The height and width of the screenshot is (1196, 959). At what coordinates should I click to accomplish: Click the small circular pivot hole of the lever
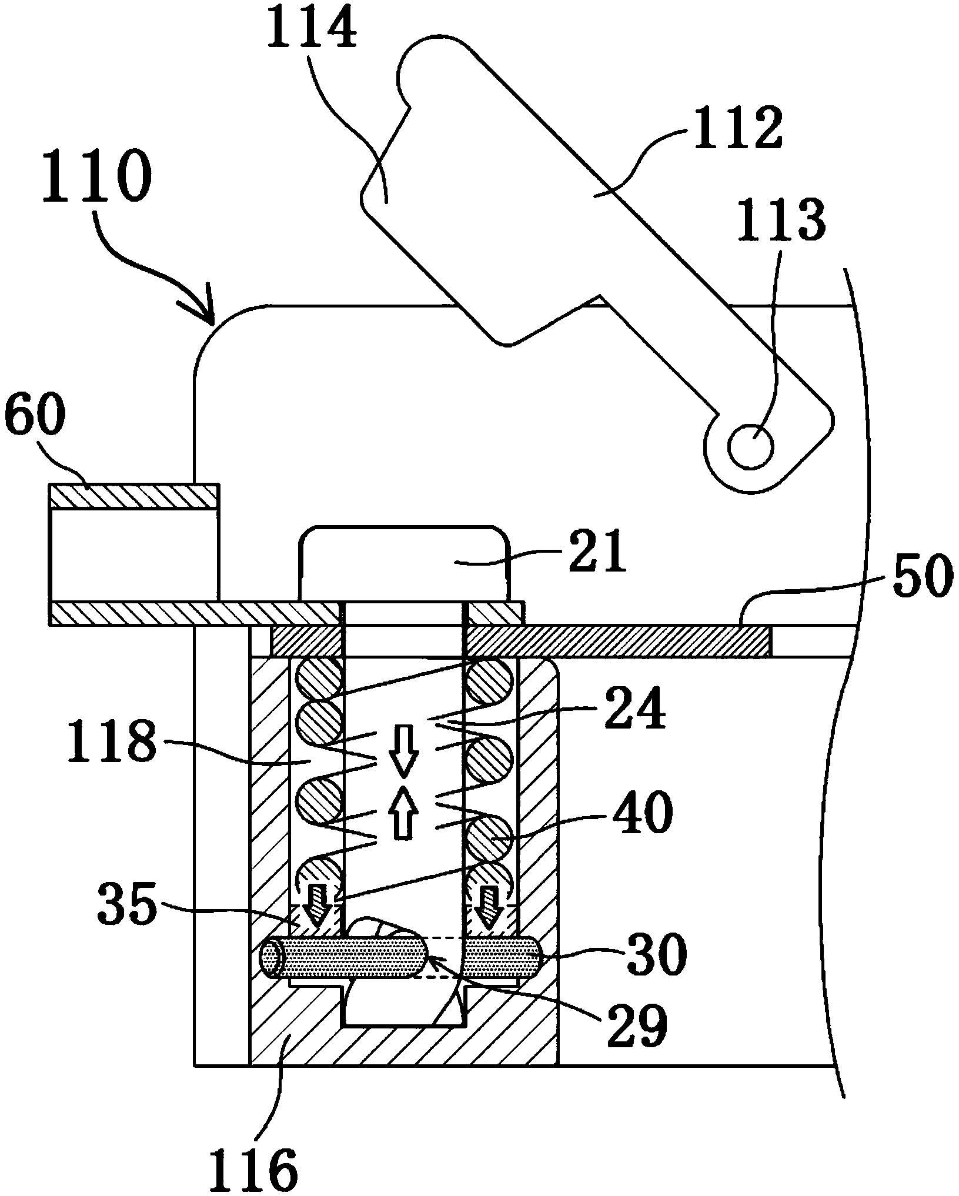pyautogui.click(x=750, y=446)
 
